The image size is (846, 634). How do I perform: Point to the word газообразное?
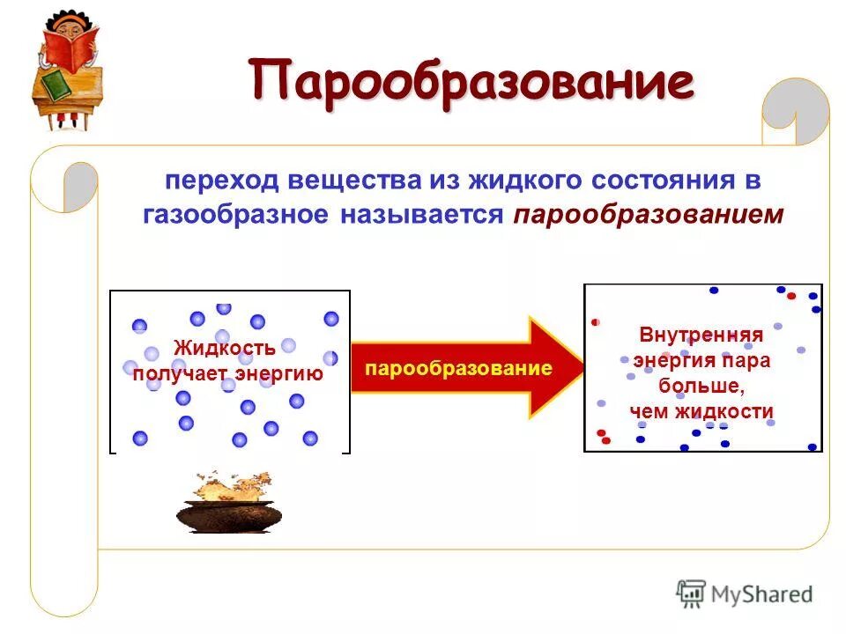pyautogui.click(x=234, y=215)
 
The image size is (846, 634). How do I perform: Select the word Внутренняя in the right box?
pyautogui.click(x=701, y=335)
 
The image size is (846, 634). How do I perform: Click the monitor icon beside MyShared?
pyautogui.click(x=691, y=594)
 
